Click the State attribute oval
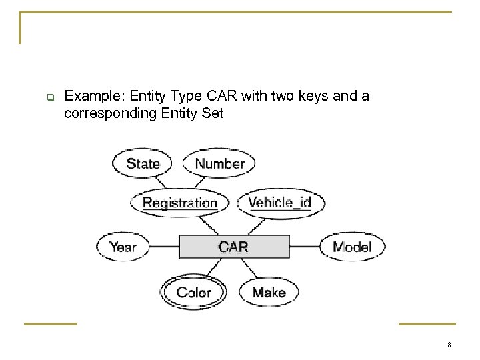[x=143, y=164]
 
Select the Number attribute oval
[x=220, y=164]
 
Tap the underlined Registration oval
[x=180, y=203]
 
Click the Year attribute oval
[x=123, y=247]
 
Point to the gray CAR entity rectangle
[x=233, y=247]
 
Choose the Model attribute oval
[x=351, y=247]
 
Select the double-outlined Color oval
[x=193, y=292]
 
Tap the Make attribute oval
[x=269, y=292]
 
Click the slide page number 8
[x=450, y=345]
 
